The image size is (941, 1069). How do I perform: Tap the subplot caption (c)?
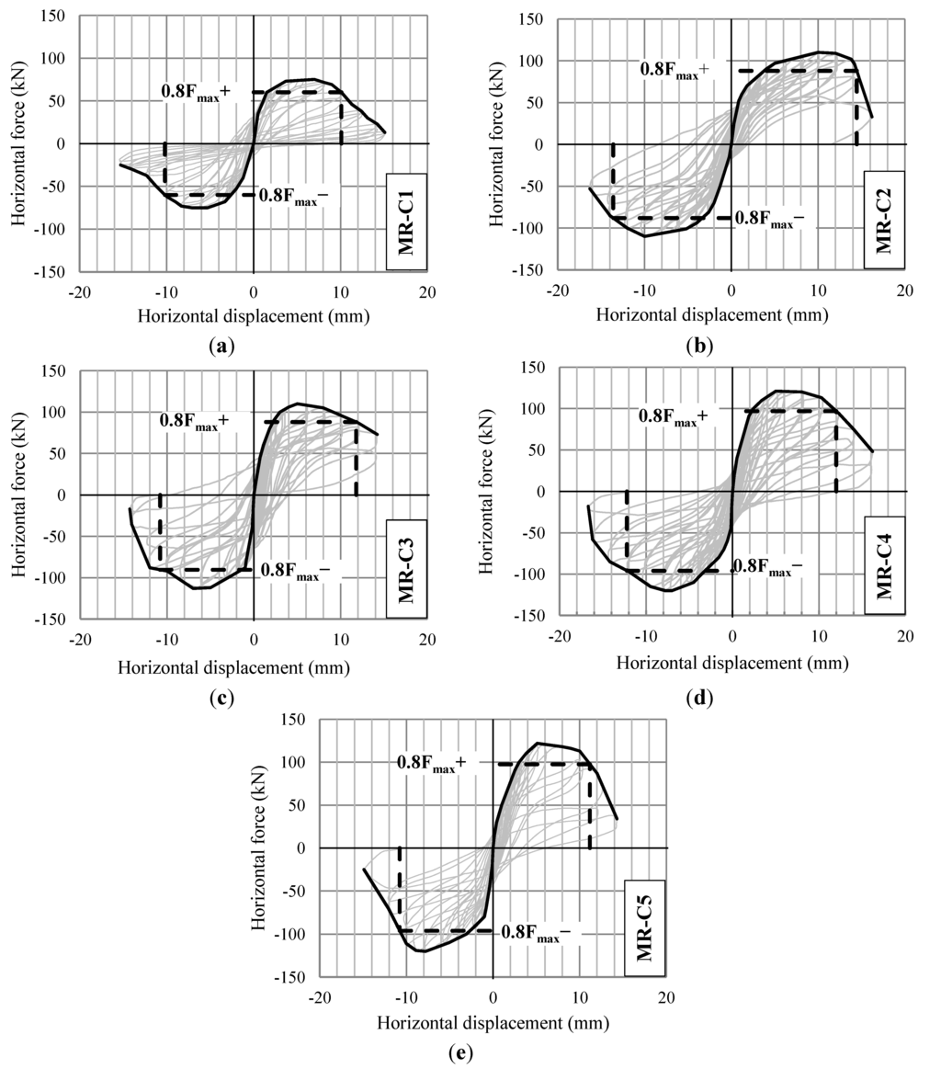221,697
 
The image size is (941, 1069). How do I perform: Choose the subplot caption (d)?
700,697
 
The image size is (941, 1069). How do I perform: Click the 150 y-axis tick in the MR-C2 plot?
531,18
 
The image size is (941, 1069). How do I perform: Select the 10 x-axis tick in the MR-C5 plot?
580,997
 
